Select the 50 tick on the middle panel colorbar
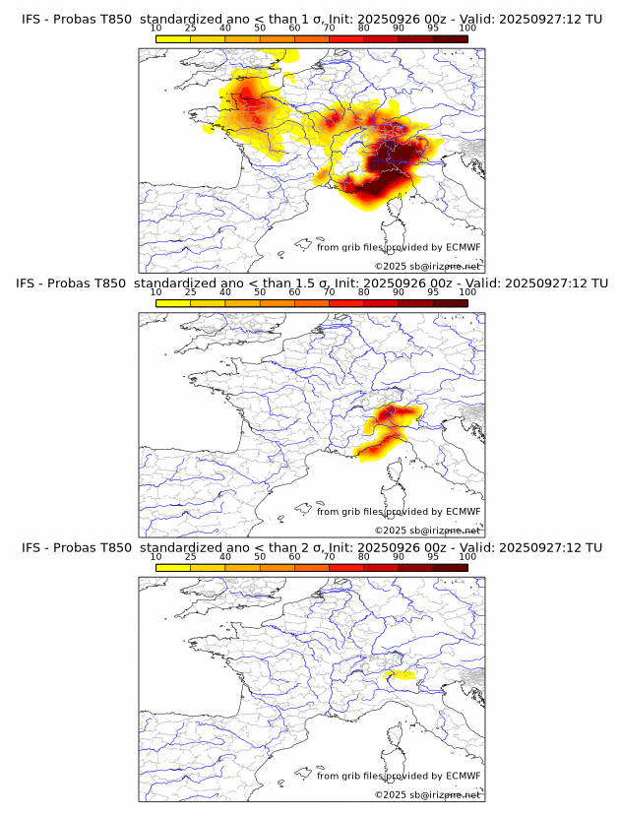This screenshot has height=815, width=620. (260, 291)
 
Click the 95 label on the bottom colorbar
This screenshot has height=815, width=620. (433, 556)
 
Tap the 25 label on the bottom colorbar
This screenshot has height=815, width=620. (191, 556)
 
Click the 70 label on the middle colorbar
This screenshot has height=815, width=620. (329, 291)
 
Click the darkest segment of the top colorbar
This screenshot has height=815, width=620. (450, 38)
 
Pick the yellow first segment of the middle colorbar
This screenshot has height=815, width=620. (173, 303)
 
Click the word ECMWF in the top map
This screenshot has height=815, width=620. (463, 247)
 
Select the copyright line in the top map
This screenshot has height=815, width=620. (427, 266)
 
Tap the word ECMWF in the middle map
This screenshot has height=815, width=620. (463, 511)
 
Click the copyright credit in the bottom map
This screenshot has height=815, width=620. (427, 794)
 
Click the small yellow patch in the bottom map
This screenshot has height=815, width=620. (400, 675)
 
